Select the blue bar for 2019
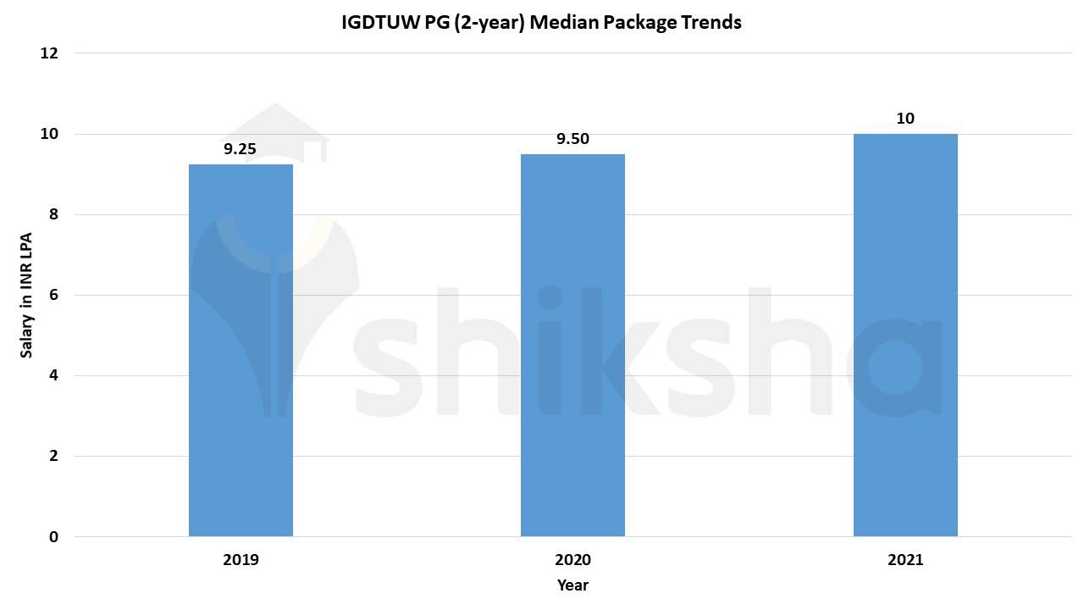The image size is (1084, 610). [x=241, y=350]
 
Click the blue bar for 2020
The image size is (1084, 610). [x=572, y=345]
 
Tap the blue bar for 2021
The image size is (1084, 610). [x=905, y=335]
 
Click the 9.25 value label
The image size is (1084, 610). [x=240, y=149]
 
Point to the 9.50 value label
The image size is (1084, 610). [x=572, y=139]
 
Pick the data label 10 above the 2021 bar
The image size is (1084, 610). [x=905, y=119]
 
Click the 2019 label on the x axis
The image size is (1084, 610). [x=241, y=560]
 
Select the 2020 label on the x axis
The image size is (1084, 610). [x=572, y=560]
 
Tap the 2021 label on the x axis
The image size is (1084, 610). [x=905, y=560]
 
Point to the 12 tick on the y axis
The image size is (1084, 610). [x=49, y=53]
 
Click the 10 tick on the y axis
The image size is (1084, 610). [x=49, y=134]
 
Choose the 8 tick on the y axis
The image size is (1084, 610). [x=53, y=214]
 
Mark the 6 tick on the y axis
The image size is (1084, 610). [x=53, y=295]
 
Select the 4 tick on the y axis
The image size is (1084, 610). [x=53, y=375]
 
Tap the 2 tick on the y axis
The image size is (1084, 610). [x=53, y=456]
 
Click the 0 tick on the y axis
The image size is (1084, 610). [x=53, y=536]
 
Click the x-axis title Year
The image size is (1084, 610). [x=572, y=585]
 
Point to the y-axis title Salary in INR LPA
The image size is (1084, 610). [x=27, y=295]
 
